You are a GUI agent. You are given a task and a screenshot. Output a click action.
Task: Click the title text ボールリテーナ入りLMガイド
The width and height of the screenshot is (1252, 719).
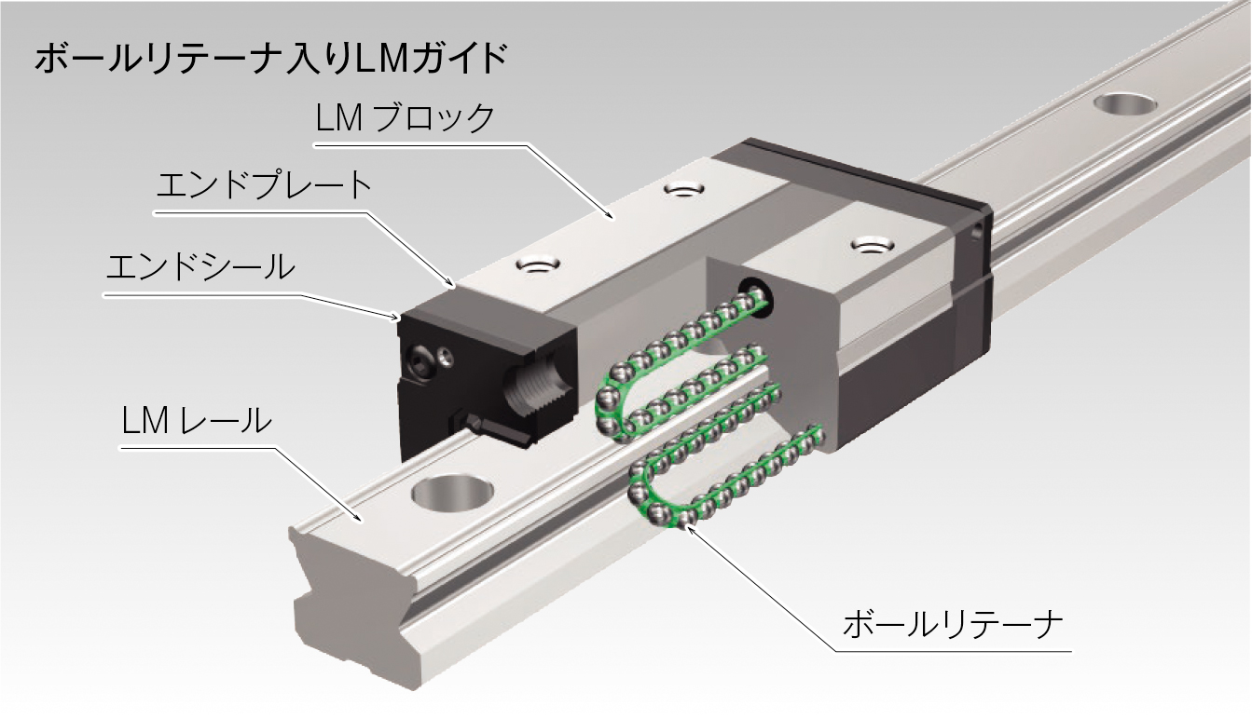[x=270, y=60]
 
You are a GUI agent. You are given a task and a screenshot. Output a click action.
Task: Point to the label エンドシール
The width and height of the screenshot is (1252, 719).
[x=199, y=266]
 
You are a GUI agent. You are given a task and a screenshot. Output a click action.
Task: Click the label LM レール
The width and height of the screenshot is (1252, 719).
[x=196, y=421]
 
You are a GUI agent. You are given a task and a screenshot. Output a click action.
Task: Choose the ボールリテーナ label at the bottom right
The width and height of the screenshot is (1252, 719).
[x=951, y=623]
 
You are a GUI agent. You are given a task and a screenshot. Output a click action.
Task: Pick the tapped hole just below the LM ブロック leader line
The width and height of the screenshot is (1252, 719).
[x=684, y=190]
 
